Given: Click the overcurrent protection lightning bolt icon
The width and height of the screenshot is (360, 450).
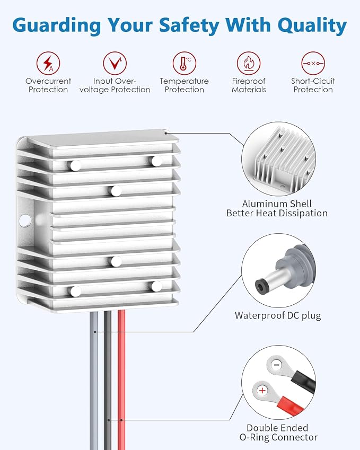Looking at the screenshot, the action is click(48, 63).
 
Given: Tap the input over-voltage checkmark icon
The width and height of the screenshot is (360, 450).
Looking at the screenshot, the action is click(115, 63).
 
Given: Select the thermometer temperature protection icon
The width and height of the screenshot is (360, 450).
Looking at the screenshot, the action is click(185, 63).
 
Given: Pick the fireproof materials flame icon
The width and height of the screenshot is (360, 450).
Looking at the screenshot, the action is click(249, 63).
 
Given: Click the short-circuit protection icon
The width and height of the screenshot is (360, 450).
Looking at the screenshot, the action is click(313, 63).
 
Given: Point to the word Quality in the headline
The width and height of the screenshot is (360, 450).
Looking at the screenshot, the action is click(312, 25).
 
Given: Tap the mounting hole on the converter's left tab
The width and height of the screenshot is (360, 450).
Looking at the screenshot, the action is click(25, 220).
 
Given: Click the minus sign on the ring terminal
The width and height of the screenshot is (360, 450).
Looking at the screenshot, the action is click(276, 365).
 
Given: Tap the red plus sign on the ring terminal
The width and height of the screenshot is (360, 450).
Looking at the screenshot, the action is click(262, 391).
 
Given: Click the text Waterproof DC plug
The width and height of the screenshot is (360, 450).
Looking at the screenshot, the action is click(278, 315).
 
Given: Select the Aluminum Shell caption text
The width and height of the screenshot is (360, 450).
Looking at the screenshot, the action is click(277, 204).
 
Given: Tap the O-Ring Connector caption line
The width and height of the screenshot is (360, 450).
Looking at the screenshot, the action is click(278, 437).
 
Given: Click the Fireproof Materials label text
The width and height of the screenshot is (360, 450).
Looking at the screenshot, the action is click(249, 85).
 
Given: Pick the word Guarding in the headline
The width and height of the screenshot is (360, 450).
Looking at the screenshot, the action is click(57, 25).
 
